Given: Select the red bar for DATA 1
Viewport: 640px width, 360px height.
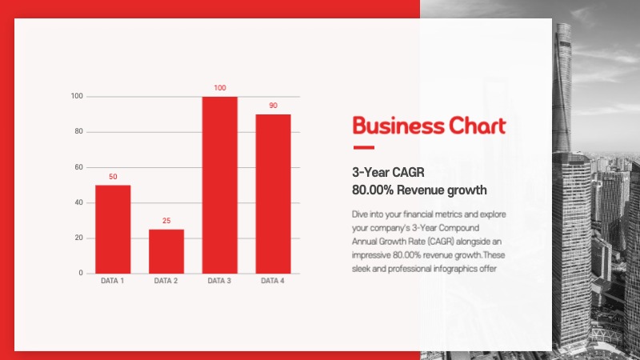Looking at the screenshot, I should (x=113, y=230).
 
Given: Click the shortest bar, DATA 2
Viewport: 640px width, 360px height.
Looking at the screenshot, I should (x=166, y=251).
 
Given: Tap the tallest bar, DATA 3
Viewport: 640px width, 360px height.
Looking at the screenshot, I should (x=219, y=185).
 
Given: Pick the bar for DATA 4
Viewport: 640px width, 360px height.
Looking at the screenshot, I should (x=273, y=194).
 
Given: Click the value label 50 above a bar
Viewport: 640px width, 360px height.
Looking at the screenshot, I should (x=113, y=176).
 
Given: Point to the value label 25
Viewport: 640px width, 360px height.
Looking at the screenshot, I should (x=166, y=220).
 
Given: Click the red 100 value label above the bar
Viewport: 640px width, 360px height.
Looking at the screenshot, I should (x=219, y=87).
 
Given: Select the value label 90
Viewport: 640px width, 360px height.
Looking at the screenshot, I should (x=273, y=105).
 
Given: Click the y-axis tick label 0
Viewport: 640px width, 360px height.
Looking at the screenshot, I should (x=80, y=274).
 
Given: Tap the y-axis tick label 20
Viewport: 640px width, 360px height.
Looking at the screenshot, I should (x=78, y=238).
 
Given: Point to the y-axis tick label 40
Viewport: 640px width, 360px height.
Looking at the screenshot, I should (x=78, y=203).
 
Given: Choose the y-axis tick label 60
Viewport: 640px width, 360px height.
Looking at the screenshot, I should (x=78, y=167).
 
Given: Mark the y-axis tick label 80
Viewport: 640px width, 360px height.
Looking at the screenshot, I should (x=78, y=132).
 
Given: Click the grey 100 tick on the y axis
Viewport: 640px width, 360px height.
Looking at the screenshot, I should (x=77, y=97).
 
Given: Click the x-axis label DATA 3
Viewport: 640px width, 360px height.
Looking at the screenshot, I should (x=219, y=282).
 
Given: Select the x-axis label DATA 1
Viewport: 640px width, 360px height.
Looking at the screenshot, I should (x=113, y=282).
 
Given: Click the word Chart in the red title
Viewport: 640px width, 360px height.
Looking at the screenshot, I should (x=477, y=126).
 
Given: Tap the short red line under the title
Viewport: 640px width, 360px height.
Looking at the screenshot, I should (x=363, y=147).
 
